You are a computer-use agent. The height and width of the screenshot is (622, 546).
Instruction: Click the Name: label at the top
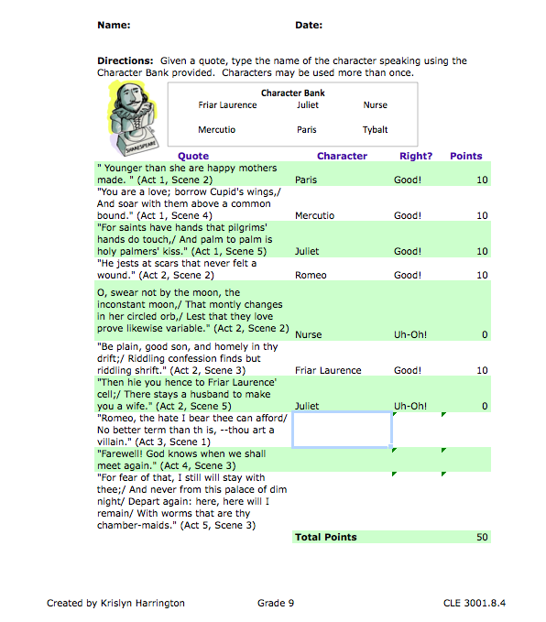point(114,25)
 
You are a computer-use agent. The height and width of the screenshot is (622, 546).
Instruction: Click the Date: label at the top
point(309,25)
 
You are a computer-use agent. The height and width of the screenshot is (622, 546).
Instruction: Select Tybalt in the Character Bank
point(376,130)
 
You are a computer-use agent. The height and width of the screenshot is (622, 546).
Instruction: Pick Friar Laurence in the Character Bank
point(227,105)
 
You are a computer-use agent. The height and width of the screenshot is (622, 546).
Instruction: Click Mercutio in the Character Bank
point(216,130)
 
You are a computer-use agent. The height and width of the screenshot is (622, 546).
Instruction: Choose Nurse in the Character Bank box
point(376,105)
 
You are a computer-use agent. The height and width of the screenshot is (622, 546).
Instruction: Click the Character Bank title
point(292,93)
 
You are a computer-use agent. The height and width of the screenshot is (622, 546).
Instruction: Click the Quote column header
point(193,156)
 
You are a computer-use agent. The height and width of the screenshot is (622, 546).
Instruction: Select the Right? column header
point(416,156)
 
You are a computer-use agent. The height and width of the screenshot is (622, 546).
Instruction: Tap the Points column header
point(466,156)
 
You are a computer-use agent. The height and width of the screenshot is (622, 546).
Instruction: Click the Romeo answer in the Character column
point(310,275)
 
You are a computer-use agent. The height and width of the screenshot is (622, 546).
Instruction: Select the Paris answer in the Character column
point(306,180)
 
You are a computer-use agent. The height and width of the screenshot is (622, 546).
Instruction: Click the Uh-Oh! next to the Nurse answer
point(410,334)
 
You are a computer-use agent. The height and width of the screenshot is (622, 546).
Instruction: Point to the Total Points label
point(326,537)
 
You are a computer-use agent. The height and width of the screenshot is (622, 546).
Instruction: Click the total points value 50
point(482,537)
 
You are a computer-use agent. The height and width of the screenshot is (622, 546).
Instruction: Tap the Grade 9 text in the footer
point(277,603)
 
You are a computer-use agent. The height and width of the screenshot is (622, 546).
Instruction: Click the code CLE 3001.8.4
point(474,603)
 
